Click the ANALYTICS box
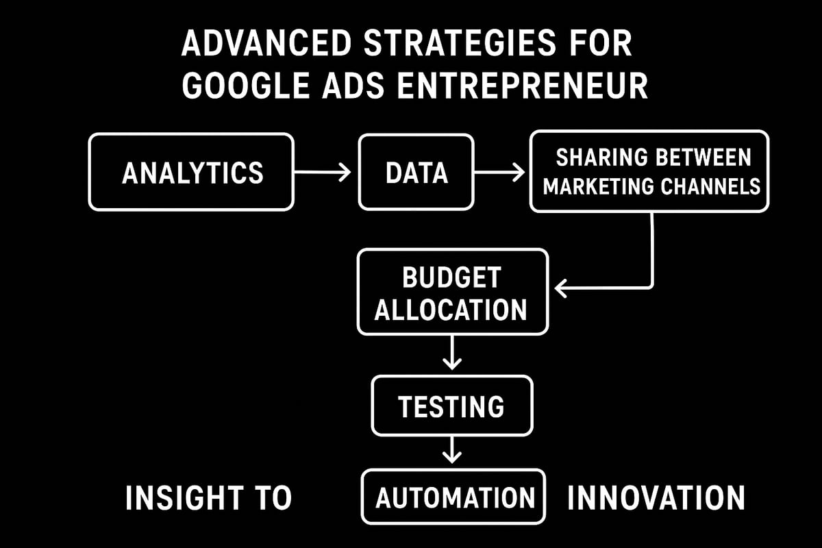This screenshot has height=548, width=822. (191, 172)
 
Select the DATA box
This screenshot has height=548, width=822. (416, 172)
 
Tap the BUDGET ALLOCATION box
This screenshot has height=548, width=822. (452, 292)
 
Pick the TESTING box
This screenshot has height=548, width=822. (451, 406)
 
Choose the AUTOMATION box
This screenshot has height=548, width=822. (453, 497)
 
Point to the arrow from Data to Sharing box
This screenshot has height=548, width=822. (499, 172)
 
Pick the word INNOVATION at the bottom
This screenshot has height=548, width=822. (656, 497)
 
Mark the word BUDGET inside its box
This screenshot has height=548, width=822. (451, 278)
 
